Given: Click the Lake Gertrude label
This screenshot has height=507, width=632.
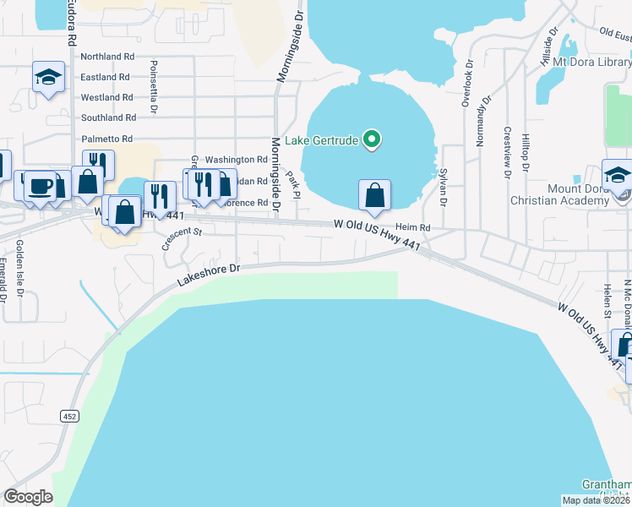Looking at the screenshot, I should pos(322,139).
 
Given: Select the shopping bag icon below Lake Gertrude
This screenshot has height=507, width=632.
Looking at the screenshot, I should pos(374,194).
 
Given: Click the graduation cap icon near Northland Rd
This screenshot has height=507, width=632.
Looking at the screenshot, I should pos(48,78).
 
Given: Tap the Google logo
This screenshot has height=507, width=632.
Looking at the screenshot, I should pos(28,497).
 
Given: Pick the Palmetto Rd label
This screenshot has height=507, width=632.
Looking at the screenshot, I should pos(106,139).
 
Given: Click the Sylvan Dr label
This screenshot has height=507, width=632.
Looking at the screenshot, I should pos(443,187).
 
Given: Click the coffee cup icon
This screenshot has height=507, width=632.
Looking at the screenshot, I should pos(38,186).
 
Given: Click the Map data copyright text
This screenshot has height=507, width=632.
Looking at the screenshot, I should pos(596,500).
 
